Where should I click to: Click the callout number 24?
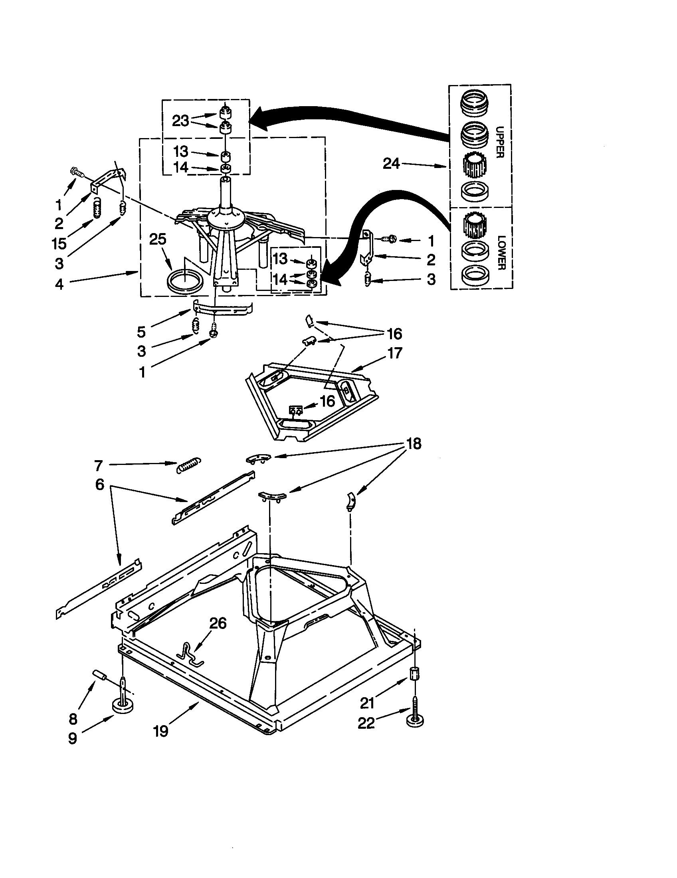[391, 164]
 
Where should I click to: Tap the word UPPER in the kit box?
[500, 142]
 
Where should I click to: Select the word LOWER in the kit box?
[501, 253]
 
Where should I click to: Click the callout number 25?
[157, 239]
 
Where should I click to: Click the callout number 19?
[160, 731]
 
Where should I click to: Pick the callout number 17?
[394, 353]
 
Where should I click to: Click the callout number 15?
[59, 243]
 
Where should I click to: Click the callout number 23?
[180, 121]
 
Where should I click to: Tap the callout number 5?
[141, 332]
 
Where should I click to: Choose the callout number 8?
[73, 718]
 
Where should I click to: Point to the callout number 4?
[59, 284]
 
